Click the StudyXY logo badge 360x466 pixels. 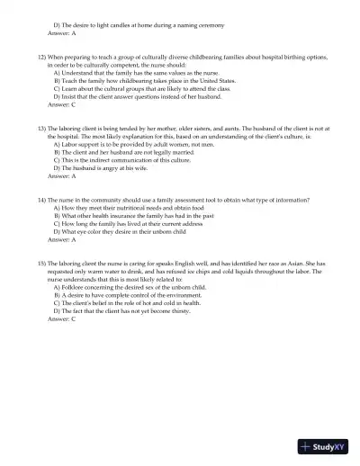[x=328, y=445]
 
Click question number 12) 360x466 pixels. [x=43, y=57]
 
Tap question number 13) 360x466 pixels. [x=43, y=130]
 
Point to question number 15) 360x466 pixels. [x=43, y=262]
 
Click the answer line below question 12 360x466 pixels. [x=62, y=104]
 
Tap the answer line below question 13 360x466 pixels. [x=62, y=175]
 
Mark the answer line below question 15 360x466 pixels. [x=62, y=319]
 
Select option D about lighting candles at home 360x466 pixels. [x=139, y=24]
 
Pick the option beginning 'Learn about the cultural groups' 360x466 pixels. [x=141, y=88]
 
